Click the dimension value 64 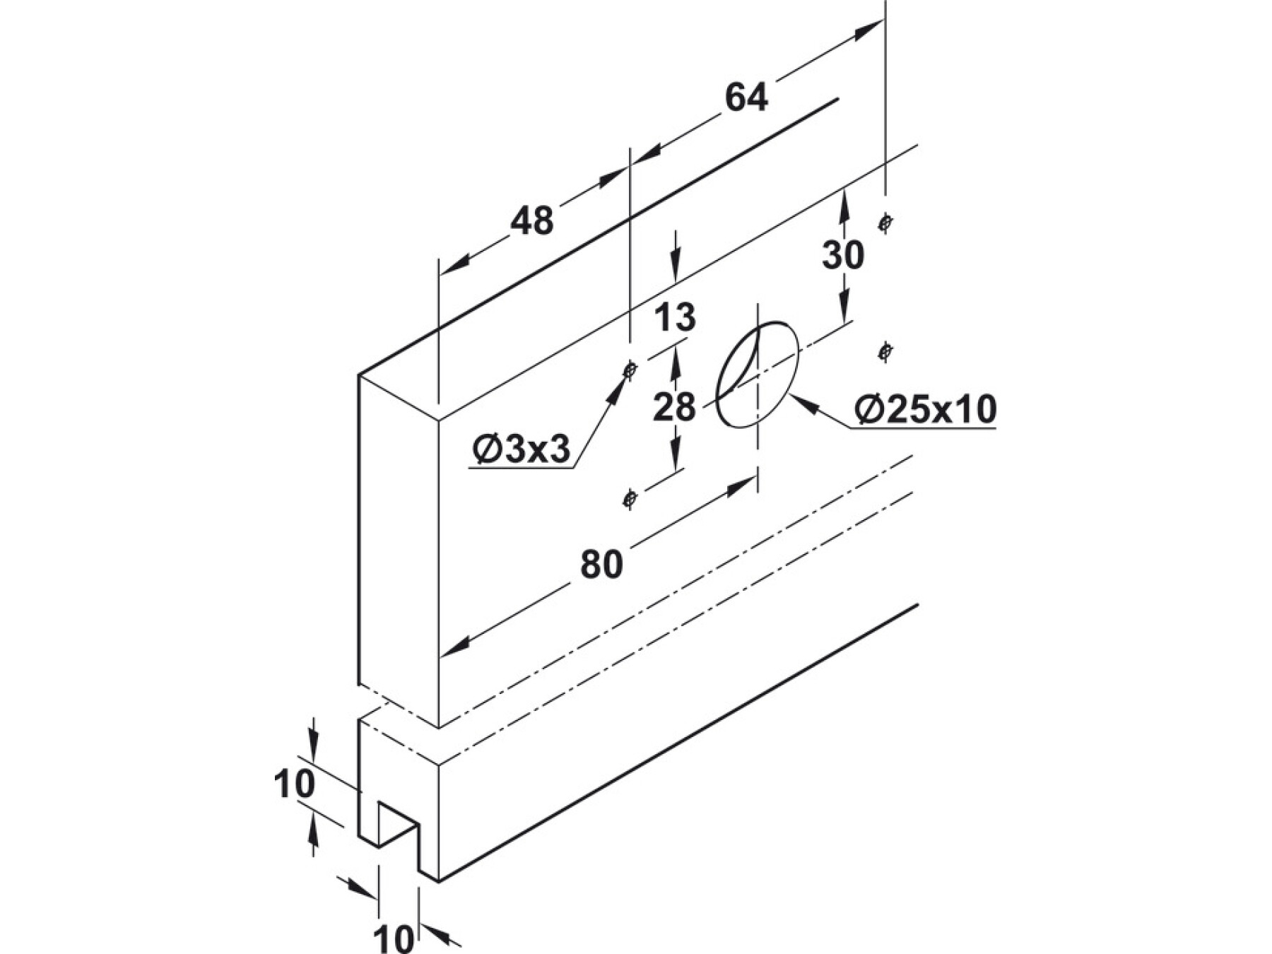746,98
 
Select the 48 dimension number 532,221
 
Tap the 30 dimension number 842,255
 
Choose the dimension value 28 674,408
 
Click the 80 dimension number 601,565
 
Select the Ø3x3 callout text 522,450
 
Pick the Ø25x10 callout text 925,409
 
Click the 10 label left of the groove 294,784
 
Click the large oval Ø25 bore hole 757,374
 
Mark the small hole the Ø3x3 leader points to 630,369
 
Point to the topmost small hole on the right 885,223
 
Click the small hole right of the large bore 885,351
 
